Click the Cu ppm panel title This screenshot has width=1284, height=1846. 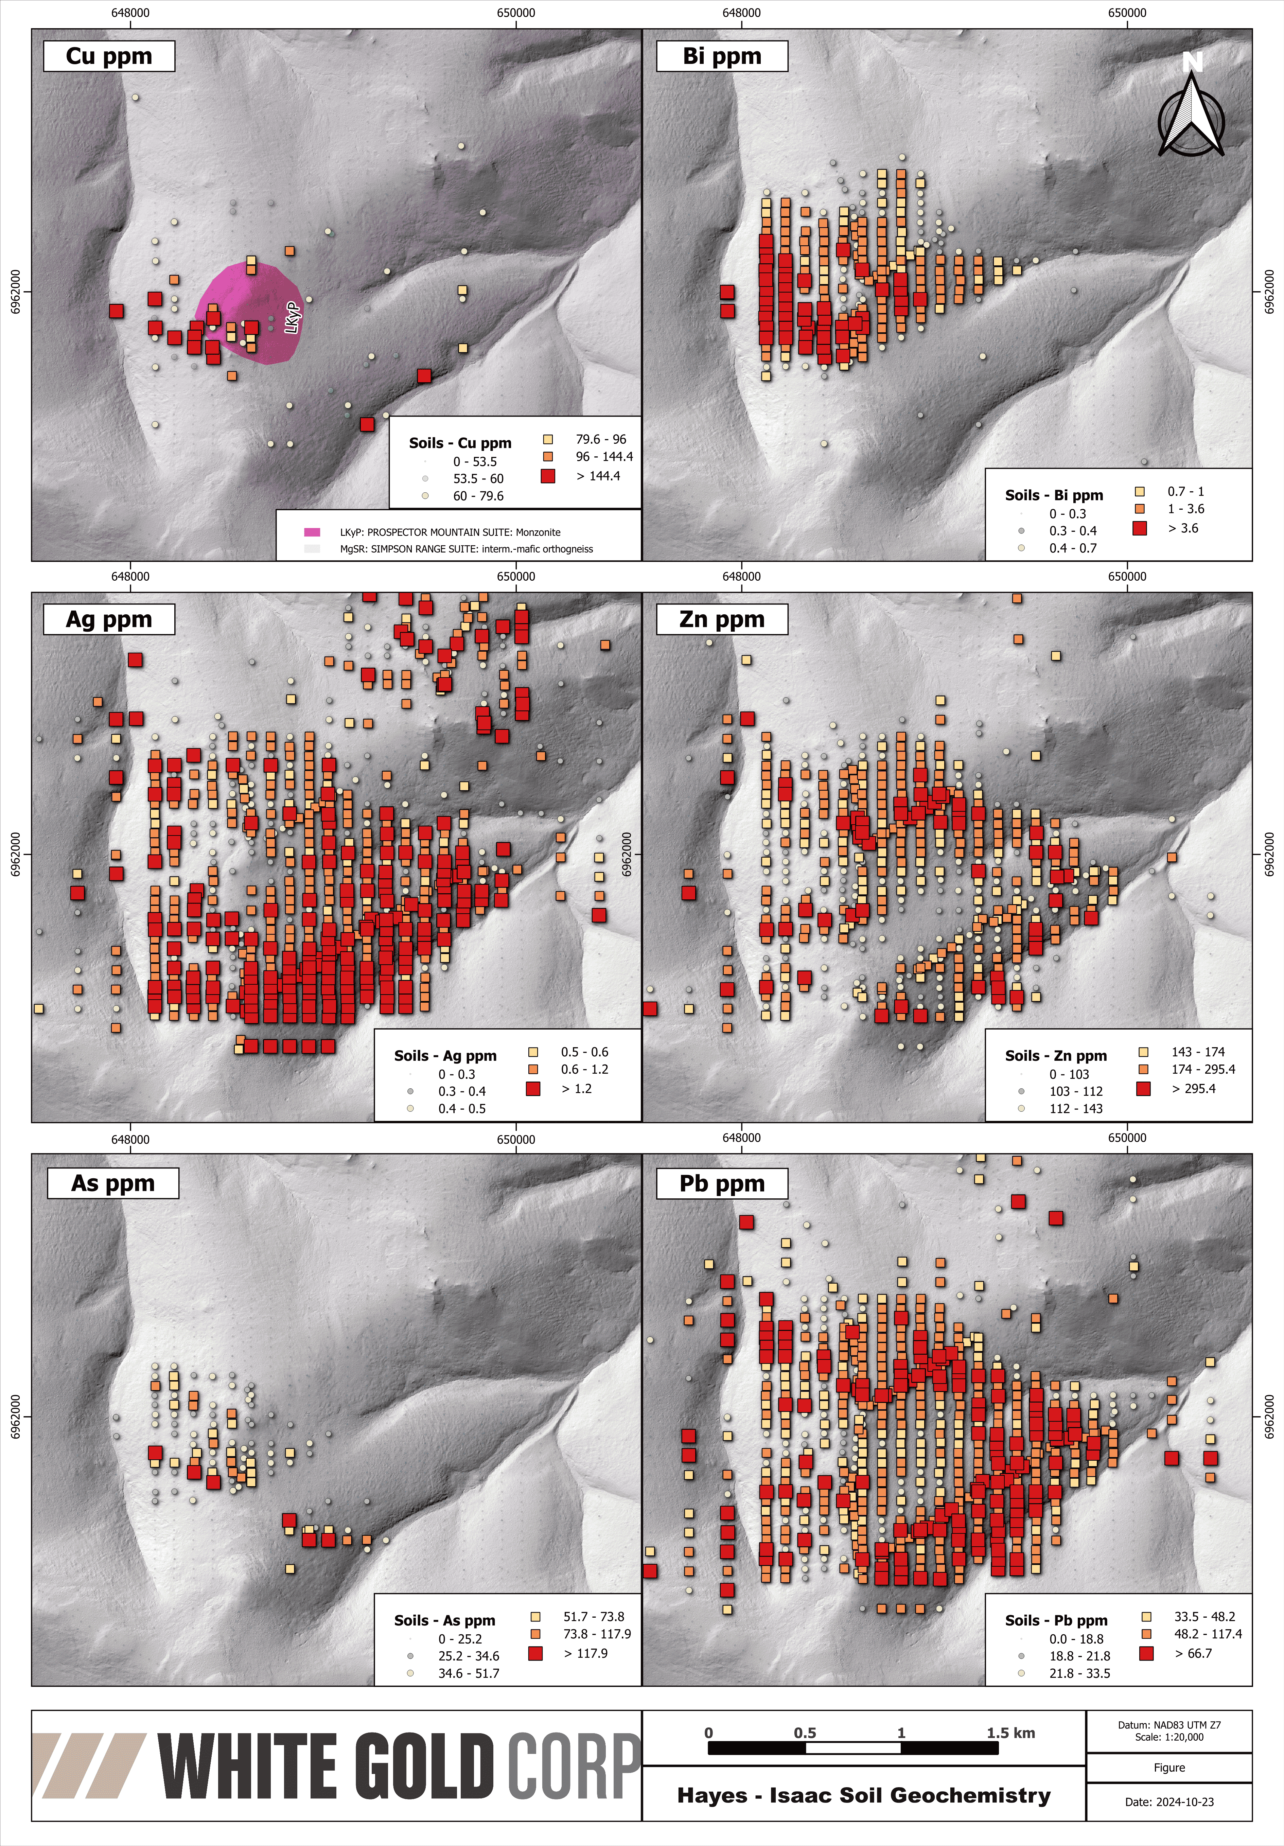(108, 56)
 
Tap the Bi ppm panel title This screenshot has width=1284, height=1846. (721, 56)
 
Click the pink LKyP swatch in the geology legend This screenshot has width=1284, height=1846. (312, 532)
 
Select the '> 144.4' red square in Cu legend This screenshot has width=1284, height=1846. (548, 476)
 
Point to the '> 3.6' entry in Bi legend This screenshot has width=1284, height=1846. (1182, 528)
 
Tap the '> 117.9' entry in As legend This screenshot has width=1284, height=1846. (584, 1653)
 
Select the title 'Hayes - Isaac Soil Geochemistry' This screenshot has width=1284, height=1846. (863, 1795)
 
